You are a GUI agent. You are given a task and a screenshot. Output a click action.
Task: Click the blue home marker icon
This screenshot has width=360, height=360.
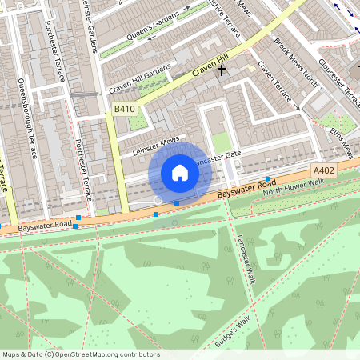click(x=180, y=172)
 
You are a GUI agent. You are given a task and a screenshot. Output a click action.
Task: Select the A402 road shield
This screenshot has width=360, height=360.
click(x=324, y=171)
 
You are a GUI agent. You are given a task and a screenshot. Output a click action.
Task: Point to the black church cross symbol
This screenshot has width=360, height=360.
click(x=221, y=70)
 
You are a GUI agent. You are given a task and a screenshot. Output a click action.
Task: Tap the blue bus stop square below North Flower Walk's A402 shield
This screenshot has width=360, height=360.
click(x=267, y=178)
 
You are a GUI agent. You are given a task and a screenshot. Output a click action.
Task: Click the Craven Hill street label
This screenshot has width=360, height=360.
click(x=210, y=74)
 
